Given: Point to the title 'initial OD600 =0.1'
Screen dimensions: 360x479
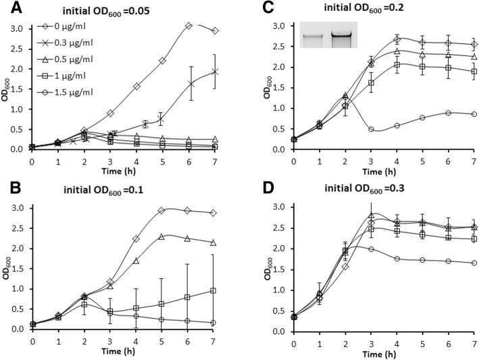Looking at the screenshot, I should (128, 188).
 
